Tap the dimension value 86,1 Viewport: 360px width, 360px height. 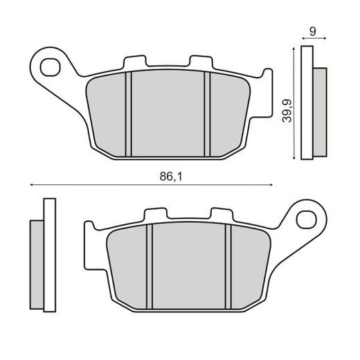click(169, 177)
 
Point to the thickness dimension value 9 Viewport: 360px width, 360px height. click(314, 31)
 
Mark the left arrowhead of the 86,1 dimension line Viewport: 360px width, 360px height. click(33, 185)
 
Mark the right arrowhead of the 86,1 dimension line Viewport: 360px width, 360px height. click(269, 185)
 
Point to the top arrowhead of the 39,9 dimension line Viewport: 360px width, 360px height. click(296, 48)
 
